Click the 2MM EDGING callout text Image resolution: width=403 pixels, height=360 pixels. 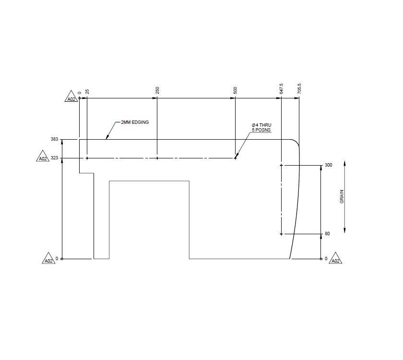point(135,122)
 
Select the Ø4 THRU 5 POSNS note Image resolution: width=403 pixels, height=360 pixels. point(261,128)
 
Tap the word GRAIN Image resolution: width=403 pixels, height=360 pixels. point(342,196)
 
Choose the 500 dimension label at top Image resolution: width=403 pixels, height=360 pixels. point(235,90)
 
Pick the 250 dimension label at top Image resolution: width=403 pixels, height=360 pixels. point(157,90)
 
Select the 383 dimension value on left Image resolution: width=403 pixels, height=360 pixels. point(54,139)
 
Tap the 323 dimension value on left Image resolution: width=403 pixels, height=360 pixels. point(54,158)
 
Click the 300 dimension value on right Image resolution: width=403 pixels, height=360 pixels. point(329,165)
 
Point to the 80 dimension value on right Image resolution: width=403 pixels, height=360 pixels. point(327,234)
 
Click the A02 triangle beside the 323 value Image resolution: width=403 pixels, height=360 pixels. point(43,158)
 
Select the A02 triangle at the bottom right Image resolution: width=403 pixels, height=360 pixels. point(335,260)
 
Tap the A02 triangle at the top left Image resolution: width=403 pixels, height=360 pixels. point(71,98)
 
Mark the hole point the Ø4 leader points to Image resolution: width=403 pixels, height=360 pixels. point(235,158)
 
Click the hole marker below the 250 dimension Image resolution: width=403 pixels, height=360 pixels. point(157,158)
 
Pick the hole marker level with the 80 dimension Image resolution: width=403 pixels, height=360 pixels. point(281,234)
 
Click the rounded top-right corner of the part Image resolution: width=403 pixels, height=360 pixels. point(296,142)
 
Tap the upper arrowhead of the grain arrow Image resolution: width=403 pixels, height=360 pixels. point(345,163)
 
